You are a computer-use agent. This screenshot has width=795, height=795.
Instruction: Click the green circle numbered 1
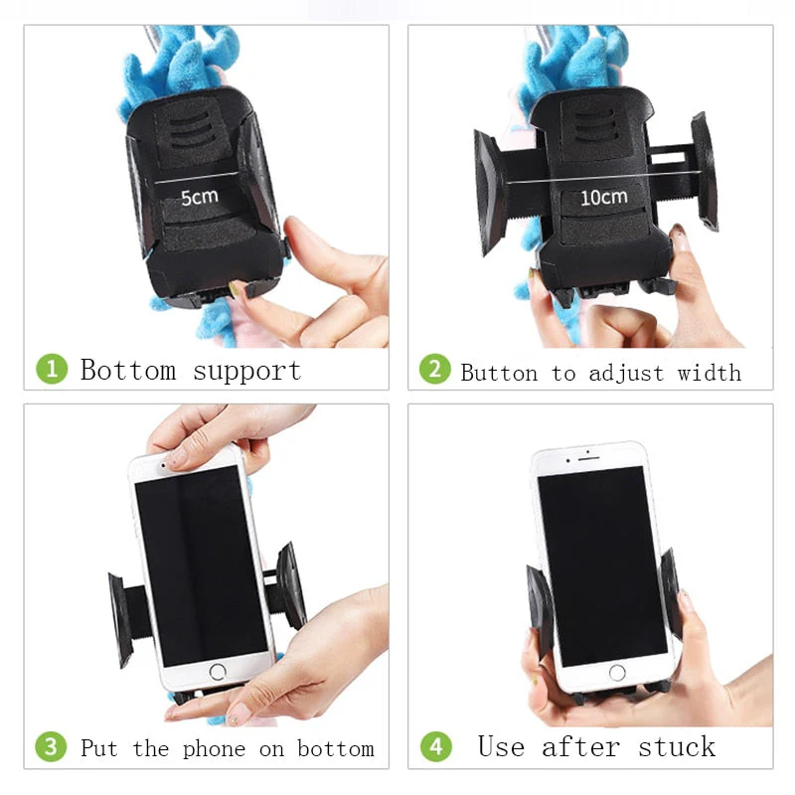click(52, 370)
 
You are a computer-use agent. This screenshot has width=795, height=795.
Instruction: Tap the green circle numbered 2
click(434, 370)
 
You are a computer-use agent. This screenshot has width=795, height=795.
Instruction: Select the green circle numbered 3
click(52, 747)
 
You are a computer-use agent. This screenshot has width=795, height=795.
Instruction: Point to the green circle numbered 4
click(434, 747)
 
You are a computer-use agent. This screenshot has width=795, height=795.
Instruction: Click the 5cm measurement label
click(199, 196)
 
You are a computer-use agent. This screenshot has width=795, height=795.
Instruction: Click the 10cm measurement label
click(603, 197)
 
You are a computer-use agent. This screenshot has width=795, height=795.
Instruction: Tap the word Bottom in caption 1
click(130, 371)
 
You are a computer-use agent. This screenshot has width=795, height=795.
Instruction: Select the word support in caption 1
click(246, 372)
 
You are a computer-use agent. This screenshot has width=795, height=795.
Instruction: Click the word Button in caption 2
click(502, 373)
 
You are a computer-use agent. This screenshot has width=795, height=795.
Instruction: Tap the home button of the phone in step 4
click(617, 673)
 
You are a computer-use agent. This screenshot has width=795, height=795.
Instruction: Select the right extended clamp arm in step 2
click(704, 171)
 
